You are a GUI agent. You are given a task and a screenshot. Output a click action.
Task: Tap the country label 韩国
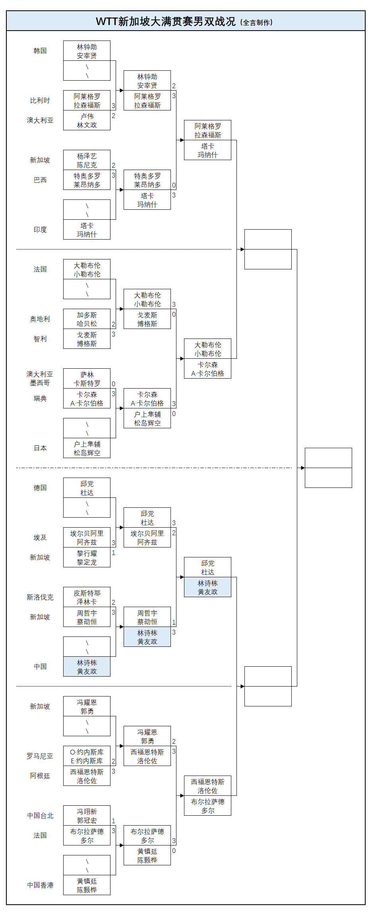40,51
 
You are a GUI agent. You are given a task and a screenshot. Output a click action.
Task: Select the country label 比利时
40,101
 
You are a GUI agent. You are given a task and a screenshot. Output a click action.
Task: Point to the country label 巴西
40,180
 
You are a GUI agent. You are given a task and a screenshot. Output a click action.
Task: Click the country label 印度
40,230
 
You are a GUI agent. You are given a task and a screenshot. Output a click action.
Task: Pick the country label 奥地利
40,319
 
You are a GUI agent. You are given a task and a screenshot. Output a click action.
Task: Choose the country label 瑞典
40,398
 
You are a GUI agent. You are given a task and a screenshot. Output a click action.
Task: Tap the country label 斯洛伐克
40,597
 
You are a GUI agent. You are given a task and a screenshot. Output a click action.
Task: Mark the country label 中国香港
40,885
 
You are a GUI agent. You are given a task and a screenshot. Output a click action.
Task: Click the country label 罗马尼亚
40,756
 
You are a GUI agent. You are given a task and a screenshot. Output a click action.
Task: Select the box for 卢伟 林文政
87,120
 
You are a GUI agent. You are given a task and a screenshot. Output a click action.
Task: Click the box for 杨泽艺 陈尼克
87,160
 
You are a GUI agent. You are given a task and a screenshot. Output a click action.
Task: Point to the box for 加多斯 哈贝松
87,319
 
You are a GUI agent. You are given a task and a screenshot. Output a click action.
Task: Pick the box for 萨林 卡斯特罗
87,379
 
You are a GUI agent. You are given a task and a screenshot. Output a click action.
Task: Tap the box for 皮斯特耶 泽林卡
87,597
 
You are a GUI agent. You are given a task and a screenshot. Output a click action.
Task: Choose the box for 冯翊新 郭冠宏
87,816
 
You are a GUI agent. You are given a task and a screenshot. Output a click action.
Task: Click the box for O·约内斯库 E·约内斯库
87,756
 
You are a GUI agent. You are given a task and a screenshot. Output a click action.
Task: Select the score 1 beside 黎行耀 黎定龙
113,553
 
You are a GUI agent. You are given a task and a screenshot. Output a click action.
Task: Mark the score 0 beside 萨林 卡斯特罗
113,384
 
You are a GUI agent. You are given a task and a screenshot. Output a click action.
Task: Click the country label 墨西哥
40,383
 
